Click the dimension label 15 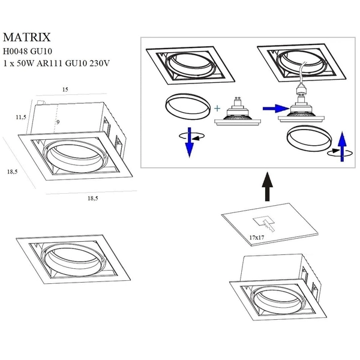(x=65, y=90)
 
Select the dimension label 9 (x=58, y=122)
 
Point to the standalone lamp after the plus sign (x=239, y=112)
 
